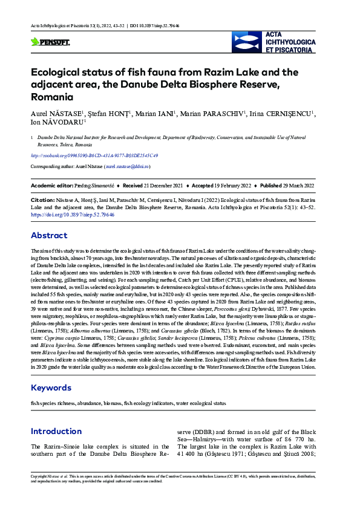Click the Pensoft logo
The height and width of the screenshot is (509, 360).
[50, 42]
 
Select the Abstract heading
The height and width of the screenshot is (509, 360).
[49, 236]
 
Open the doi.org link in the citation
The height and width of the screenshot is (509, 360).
[73, 215]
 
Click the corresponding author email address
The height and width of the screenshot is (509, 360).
[127, 166]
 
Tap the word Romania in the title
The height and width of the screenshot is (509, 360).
[52, 97]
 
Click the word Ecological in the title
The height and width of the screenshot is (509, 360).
[63, 73]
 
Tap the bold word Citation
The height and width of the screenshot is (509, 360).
[42, 199]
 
